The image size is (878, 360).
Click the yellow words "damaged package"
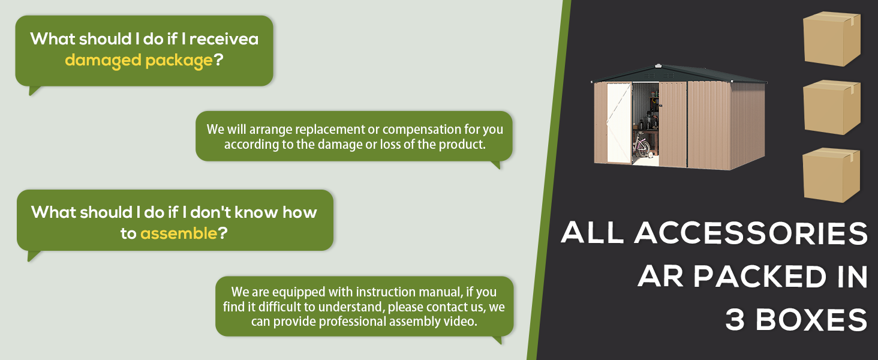coord(139,61)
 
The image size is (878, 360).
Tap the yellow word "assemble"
coord(179,233)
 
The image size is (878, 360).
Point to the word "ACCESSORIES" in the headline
coord(751,233)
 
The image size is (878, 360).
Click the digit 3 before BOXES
coord(735,319)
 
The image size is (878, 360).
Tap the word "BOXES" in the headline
coord(811,319)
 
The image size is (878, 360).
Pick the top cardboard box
coord(831,39)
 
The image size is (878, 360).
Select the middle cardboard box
coord(831,107)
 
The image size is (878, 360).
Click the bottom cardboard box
coord(831,175)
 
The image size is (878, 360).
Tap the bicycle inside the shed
coord(642,145)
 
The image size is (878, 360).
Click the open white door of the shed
coord(620,123)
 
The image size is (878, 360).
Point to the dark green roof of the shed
coord(678,74)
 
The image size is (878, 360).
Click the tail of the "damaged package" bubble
coord(34,91)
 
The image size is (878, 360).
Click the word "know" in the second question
coord(256,212)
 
